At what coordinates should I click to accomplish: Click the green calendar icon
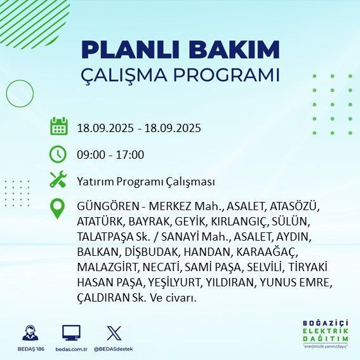(58, 126)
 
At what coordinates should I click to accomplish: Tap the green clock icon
(58, 154)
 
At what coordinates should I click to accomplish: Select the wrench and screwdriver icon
(58, 180)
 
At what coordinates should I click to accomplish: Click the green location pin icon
(58, 209)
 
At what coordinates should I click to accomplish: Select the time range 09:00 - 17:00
(110, 154)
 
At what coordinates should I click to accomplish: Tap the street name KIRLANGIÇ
(244, 222)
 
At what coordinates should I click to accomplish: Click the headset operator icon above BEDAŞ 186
(29, 333)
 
